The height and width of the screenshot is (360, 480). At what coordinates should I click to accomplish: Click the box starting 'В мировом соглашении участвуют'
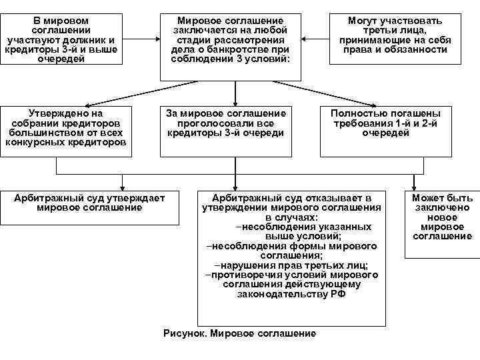pos(61,39)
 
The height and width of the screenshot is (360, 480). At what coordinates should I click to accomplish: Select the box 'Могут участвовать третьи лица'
pos(395,39)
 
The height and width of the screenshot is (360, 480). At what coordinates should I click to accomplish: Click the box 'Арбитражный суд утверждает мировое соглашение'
pos(90,203)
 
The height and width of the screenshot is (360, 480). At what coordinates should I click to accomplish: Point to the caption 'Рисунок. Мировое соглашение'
pos(239,333)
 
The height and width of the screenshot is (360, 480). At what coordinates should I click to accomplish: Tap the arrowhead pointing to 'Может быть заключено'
pos(415,189)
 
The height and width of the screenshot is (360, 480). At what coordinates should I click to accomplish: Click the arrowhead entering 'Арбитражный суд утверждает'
pos(122,187)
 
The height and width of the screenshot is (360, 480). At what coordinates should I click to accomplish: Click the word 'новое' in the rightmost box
pos(442,217)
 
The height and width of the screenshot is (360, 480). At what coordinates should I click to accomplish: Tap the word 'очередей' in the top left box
pos(62,59)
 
